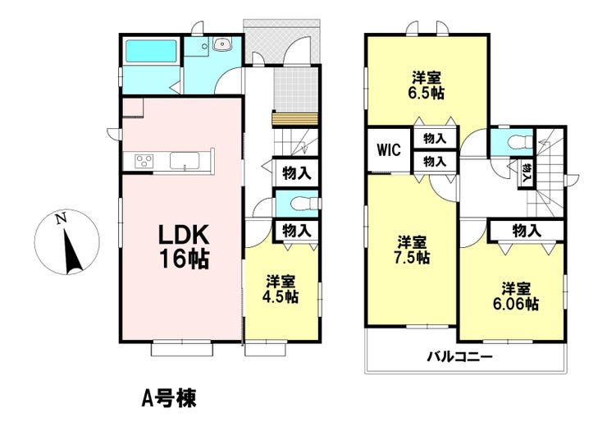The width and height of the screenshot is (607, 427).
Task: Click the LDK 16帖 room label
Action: (x=184, y=246)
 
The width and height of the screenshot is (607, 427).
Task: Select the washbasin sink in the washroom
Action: (x=221, y=44)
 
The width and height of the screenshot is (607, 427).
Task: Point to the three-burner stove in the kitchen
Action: (x=144, y=161)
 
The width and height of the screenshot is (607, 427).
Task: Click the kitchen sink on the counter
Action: (x=185, y=160)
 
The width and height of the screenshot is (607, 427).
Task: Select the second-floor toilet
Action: (x=518, y=140)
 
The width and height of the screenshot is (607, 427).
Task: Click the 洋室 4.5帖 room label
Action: (x=282, y=289)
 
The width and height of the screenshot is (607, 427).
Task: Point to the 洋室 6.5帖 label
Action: (x=427, y=85)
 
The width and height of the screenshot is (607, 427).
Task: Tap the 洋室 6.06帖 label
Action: (x=515, y=296)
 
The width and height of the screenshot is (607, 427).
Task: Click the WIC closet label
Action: (x=390, y=150)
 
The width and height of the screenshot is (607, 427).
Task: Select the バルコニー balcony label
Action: (x=459, y=356)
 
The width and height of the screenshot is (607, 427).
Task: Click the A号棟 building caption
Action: (x=169, y=398)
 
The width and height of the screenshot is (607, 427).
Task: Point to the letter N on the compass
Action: (x=61, y=219)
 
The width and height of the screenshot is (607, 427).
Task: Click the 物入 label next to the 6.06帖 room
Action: (x=527, y=231)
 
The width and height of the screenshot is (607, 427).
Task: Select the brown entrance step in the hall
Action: (x=295, y=119)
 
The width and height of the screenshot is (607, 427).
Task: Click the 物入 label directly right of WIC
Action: (x=435, y=138)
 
